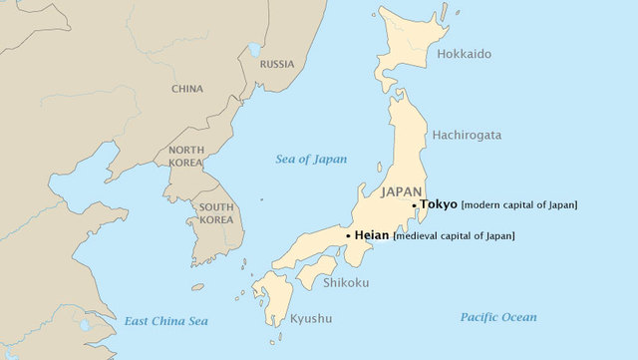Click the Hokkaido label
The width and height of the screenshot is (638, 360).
click(x=464, y=54)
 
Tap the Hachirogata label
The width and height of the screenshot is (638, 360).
click(x=467, y=135)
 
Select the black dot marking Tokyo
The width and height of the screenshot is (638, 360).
click(x=415, y=204)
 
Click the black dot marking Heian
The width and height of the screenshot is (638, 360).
click(x=348, y=235)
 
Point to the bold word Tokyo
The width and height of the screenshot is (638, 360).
click(x=439, y=204)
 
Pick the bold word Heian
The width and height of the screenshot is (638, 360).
click(x=372, y=235)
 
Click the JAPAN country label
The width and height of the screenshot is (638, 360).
click(x=403, y=190)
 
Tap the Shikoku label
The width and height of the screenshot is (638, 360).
click(x=346, y=283)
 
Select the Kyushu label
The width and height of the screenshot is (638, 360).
click(x=311, y=319)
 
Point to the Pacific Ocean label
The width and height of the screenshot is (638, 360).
click(x=497, y=317)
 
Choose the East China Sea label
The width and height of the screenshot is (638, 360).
click(x=166, y=320)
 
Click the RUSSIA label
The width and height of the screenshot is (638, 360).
click(x=276, y=64)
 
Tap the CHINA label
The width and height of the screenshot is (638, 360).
click(x=186, y=89)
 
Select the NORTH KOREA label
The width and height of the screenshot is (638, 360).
click(x=185, y=157)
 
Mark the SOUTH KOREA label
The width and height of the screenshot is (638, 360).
click(x=216, y=213)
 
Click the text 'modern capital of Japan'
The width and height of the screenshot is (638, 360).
click(x=519, y=205)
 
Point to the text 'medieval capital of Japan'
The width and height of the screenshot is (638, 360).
click(x=455, y=236)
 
